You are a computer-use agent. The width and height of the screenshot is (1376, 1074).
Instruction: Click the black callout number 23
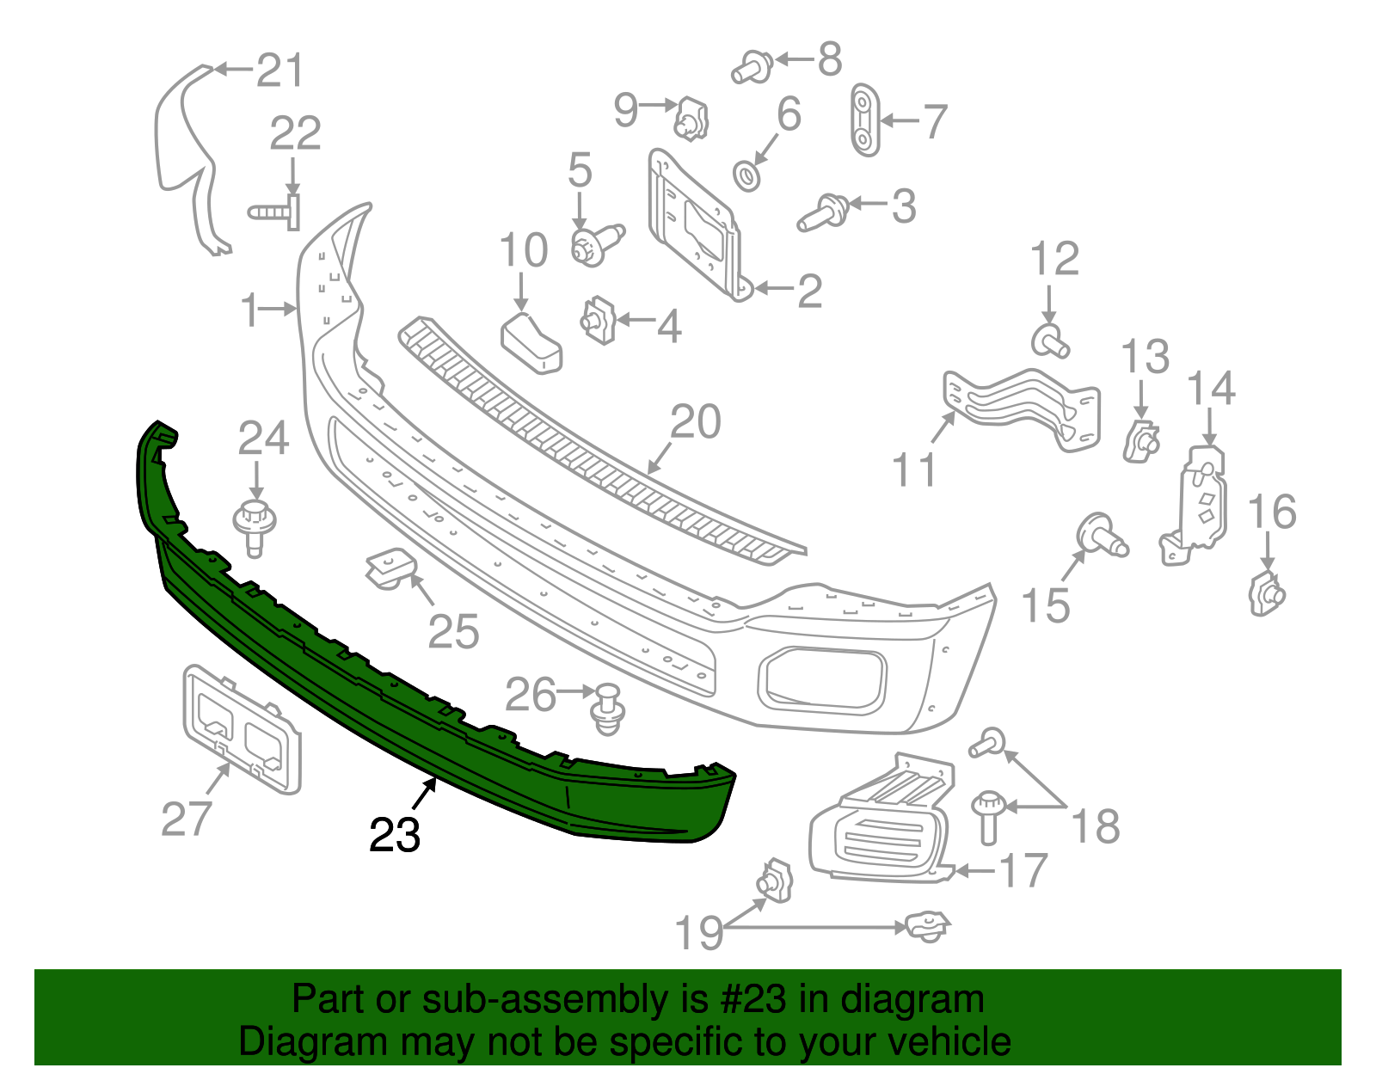click(395, 835)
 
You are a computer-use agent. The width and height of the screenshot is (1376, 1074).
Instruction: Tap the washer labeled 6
click(746, 175)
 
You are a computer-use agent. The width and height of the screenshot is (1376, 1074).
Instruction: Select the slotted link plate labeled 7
click(864, 120)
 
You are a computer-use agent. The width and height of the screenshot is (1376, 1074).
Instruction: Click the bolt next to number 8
click(752, 67)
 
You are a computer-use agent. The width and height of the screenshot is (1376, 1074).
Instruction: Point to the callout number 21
click(280, 71)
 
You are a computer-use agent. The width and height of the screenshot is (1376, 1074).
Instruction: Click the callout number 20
click(695, 422)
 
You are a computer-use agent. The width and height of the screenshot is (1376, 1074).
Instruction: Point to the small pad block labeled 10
click(531, 343)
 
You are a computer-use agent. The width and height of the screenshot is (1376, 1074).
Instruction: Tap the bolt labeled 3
click(823, 212)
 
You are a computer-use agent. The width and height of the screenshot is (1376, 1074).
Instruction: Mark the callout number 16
click(1271, 512)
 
